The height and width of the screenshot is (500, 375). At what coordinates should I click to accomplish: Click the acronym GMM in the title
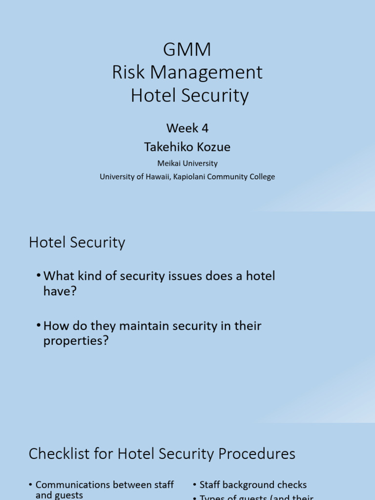tap(187, 50)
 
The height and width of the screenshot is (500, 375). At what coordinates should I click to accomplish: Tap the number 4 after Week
tap(205, 128)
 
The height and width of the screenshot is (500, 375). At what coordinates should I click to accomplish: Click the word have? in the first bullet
tap(60, 292)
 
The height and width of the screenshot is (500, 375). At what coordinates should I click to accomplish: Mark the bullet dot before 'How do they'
tap(39, 326)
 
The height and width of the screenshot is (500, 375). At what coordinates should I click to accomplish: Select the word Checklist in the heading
tap(58, 454)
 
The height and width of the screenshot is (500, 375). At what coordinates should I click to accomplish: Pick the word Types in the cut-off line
tap(212, 497)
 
